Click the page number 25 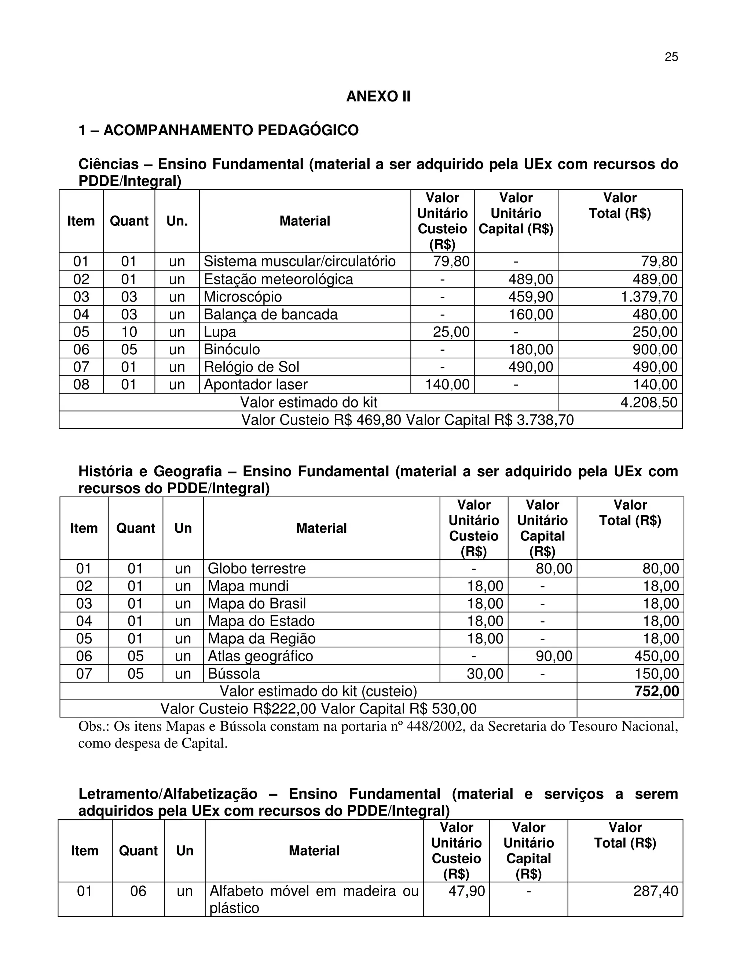tap(671, 57)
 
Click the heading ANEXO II tap(378, 96)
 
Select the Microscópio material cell tap(243, 296)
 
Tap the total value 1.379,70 tap(649, 296)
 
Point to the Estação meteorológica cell tap(279, 279)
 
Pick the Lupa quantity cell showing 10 tap(129, 332)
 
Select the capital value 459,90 tap(530, 296)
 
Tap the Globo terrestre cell tap(257, 568)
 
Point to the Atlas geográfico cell tap(260, 656)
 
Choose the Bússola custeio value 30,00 tap(484, 673)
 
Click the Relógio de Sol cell tap(251, 367)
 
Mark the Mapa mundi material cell tap(248, 586)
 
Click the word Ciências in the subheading tap(109, 164)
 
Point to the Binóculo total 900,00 tap(655, 350)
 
